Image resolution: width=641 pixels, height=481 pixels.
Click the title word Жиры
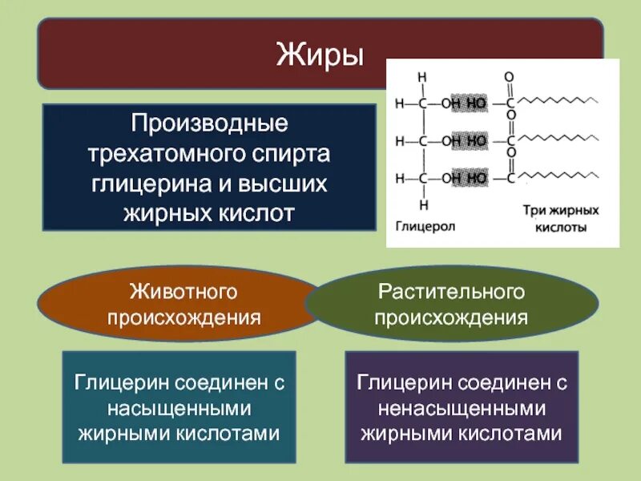[320, 55]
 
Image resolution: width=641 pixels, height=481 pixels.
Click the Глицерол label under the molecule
[425, 227]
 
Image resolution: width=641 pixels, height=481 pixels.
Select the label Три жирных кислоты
[561, 219]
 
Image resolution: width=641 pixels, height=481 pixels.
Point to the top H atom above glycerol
[422, 77]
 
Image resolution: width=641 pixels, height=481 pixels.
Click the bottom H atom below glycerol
[422, 204]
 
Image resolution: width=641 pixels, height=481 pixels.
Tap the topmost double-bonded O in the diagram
[508, 77]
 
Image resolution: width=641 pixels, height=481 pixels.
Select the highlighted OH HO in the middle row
[466, 139]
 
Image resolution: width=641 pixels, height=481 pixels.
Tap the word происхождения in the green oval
[451, 317]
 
